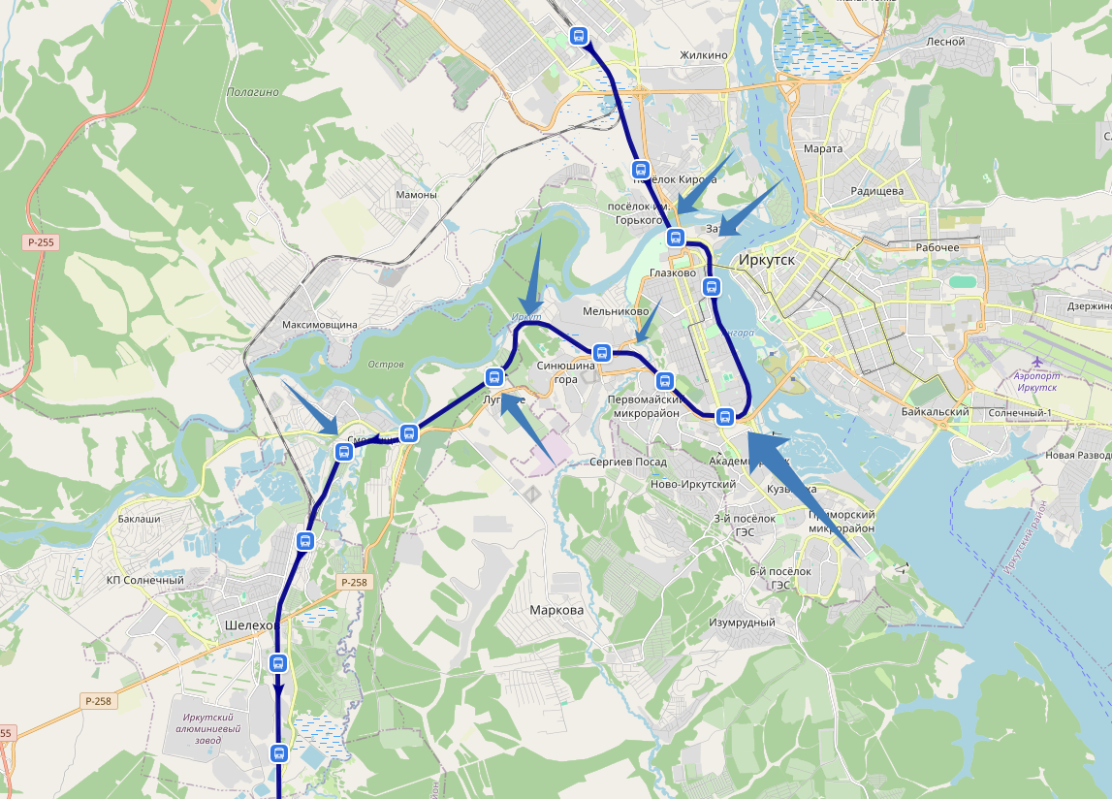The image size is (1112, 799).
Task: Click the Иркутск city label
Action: (x=766, y=261)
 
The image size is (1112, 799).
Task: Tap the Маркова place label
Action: (x=556, y=611)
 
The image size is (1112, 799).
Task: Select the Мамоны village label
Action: (x=416, y=195)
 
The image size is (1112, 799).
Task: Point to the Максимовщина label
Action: (x=320, y=325)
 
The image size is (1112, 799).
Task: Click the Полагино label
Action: (x=252, y=93)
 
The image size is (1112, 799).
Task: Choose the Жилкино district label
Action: (x=704, y=55)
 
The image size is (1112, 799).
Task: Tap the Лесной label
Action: (x=945, y=42)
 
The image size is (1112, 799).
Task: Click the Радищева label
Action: (x=876, y=191)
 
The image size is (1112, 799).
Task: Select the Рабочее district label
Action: (x=937, y=247)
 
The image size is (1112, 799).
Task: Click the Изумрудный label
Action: (x=742, y=623)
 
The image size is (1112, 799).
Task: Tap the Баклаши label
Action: (x=139, y=519)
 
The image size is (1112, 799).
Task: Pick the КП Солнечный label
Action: (x=145, y=581)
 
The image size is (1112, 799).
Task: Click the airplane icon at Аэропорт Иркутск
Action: (x=1038, y=362)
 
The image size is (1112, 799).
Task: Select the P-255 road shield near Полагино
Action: (x=40, y=242)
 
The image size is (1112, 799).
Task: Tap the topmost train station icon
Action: (x=580, y=37)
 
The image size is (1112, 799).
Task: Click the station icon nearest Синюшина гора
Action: (x=601, y=353)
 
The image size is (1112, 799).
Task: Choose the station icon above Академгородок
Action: (x=723, y=418)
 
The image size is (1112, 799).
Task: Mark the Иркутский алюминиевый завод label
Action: (x=210, y=728)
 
